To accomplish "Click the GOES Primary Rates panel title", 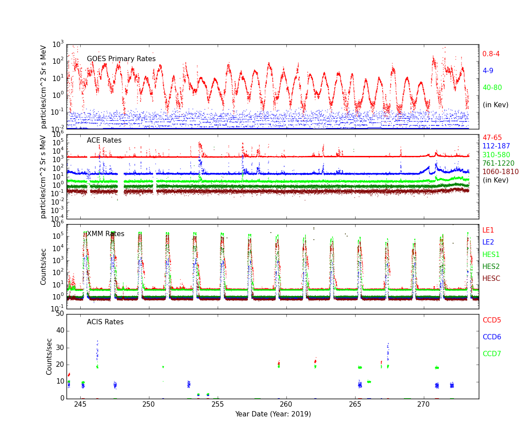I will (121, 59).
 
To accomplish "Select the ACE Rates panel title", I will (104, 140).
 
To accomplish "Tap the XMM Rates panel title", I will (106, 234).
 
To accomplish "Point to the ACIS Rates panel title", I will (105, 322).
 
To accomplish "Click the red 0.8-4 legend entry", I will (491, 54).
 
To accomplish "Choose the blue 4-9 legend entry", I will (488, 71).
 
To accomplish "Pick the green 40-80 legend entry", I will (492, 88).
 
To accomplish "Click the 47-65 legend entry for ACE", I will (492, 138).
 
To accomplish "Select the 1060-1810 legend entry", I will (500, 172).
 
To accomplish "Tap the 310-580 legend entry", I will (496, 155).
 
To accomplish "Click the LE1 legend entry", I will (488, 230).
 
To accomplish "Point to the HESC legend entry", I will (491, 279).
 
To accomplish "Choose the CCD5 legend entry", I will (492, 320).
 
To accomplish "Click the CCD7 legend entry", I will (492, 354).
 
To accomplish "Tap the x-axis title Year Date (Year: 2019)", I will (273, 414).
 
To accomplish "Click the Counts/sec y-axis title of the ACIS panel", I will (49, 357).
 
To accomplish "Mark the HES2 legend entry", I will (491, 267).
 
